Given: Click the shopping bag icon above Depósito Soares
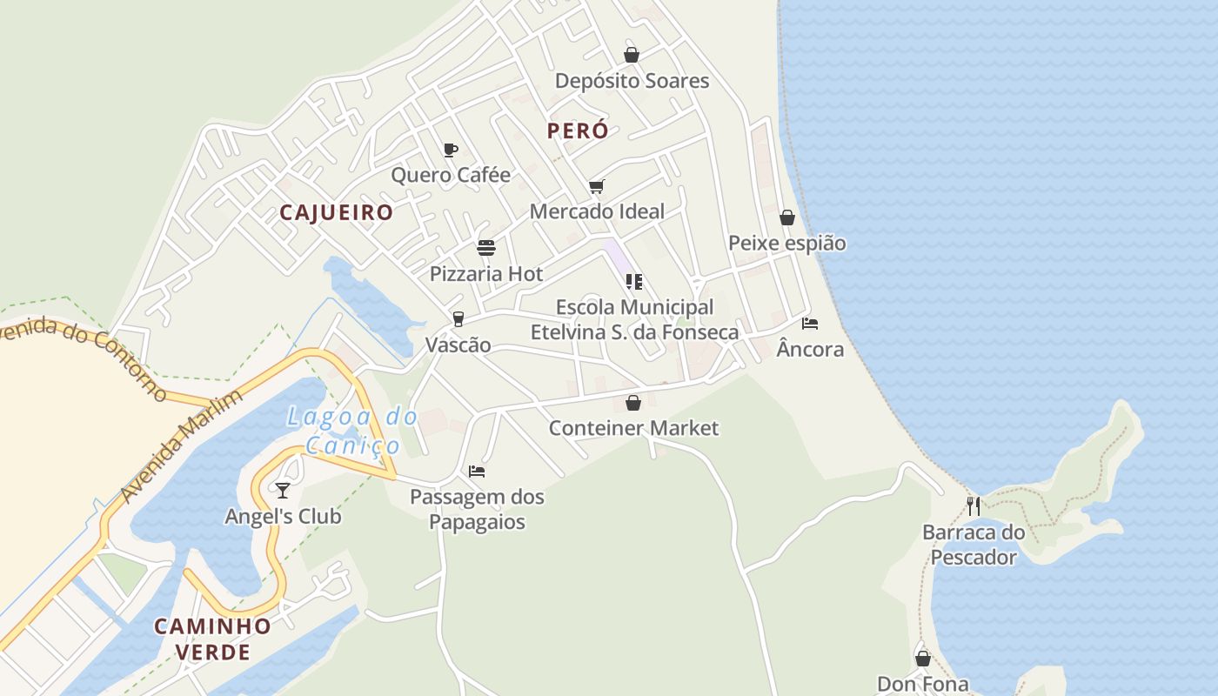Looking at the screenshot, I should [x=632, y=55].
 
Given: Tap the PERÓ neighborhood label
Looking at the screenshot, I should [x=578, y=130].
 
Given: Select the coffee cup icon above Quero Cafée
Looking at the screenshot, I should [x=450, y=150].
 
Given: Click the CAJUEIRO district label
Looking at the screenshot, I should [x=337, y=212].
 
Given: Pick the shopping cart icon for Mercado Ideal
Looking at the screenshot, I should [x=596, y=186].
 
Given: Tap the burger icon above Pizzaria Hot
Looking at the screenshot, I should [x=486, y=248].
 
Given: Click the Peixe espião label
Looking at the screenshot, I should [x=786, y=243].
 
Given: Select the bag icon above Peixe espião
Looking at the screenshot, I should [x=787, y=217].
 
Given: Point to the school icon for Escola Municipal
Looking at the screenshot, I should [x=634, y=281].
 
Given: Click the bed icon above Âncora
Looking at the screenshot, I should [x=810, y=324].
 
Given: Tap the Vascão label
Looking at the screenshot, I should [x=458, y=345].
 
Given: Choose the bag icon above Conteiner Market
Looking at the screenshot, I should [x=633, y=403].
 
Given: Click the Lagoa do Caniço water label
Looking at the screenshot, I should [x=352, y=432].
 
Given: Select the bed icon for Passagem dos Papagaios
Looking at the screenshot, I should [x=476, y=472].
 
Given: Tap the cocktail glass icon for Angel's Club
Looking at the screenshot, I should [x=283, y=491].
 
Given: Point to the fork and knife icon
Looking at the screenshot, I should [x=974, y=505].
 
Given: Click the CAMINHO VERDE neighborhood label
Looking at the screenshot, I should [x=213, y=639].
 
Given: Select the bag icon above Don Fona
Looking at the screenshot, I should [x=923, y=658].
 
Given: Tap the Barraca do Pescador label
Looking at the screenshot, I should [x=974, y=545].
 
